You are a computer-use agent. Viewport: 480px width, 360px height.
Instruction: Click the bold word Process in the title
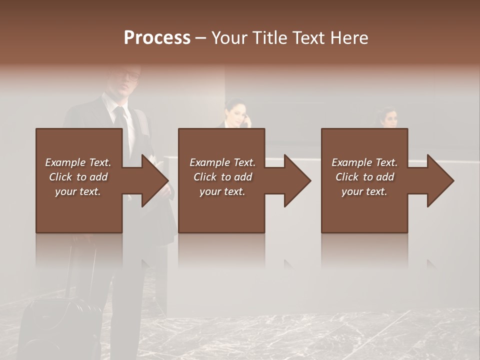(x=157, y=38)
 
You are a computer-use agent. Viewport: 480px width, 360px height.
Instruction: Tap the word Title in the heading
(x=271, y=38)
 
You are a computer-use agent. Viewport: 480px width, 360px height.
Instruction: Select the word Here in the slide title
(x=349, y=38)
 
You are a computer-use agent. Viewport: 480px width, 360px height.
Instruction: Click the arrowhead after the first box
(x=153, y=180)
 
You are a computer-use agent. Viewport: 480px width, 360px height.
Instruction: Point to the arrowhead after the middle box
(x=296, y=180)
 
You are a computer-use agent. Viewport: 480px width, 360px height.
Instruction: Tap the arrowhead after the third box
(x=439, y=180)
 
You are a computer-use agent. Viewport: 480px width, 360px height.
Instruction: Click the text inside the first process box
(x=78, y=177)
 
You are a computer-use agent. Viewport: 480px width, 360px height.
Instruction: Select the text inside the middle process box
(x=222, y=177)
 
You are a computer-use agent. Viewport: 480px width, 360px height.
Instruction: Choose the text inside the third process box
(x=364, y=177)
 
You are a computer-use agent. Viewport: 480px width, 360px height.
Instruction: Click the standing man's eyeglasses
(x=132, y=77)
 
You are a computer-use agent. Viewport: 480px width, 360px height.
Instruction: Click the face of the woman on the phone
(x=235, y=114)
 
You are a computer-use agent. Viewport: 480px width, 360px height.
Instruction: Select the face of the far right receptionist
(x=390, y=119)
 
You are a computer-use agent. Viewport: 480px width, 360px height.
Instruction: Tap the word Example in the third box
(x=351, y=162)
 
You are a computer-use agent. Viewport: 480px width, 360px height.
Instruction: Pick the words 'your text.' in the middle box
(x=222, y=191)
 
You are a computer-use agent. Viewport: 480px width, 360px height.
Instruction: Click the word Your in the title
(x=229, y=38)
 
